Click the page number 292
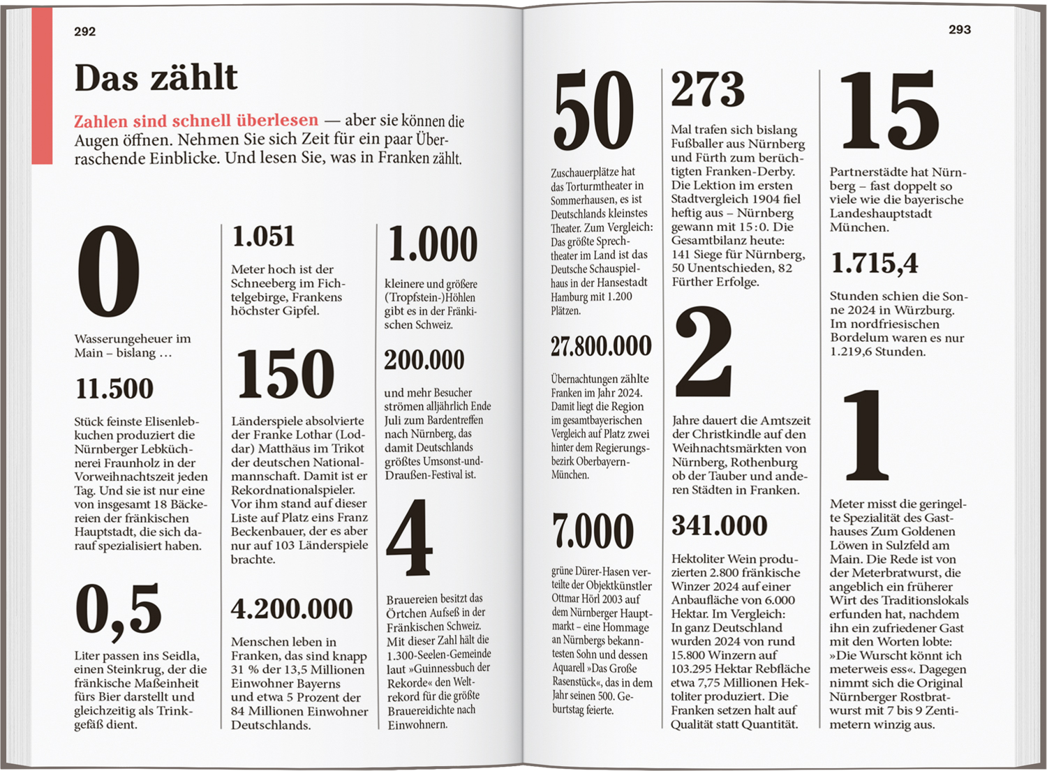[84, 31]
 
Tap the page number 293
[959, 29]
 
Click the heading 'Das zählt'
[156, 77]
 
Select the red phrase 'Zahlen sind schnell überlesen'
[196, 121]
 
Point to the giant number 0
[108, 272]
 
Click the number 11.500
[114, 389]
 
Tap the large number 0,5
[119, 608]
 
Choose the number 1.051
[263, 237]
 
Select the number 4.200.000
[292, 608]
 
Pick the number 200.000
[424, 360]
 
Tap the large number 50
[593, 111]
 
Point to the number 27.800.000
[601, 346]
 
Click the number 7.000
[593, 531]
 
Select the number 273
[708, 89]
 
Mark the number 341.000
[719, 525]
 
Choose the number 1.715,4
[874, 263]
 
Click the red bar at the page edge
[42, 85]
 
